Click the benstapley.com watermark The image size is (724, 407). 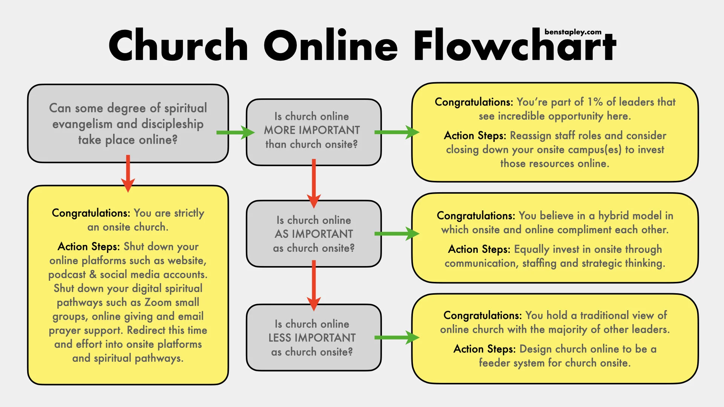(573, 32)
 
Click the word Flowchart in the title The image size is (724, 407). (514, 46)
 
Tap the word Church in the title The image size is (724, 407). (178, 46)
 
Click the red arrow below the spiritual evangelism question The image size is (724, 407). (128, 173)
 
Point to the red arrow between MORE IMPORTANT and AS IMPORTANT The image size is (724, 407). (313, 183)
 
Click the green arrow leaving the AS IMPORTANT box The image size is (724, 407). (396, 234)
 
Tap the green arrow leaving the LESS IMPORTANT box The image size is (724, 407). (396, 338)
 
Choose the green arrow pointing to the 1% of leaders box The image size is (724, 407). (396, 132)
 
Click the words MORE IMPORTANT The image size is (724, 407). (312, 130)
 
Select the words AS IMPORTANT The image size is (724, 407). (314, 234)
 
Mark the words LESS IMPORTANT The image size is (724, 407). (312, 338)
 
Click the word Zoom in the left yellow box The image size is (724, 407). (158, 302)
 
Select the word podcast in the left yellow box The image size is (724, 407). (67, 275)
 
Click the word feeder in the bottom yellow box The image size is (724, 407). (493, 363)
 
